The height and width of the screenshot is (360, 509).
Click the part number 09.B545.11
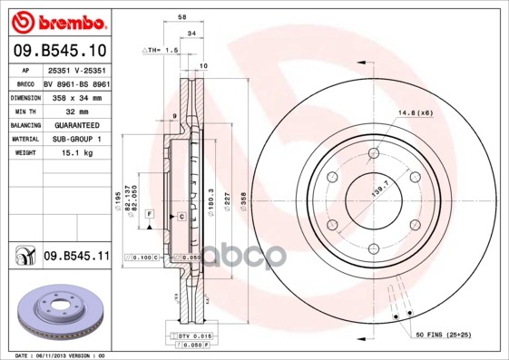tap(75, 257)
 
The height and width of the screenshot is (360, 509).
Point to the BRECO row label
tap(24, 83)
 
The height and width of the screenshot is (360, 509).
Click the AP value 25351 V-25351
tap(76, 69)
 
